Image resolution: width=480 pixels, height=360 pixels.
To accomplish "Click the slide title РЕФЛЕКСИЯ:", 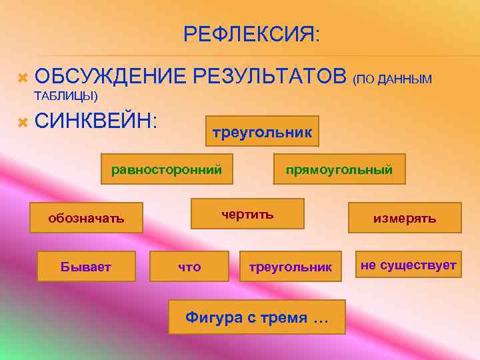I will [x=251, y=34].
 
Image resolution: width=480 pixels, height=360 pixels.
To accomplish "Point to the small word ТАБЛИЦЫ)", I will [x=65, y=96].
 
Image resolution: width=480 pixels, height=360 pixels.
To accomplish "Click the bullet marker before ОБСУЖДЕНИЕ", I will [x=21, y=78].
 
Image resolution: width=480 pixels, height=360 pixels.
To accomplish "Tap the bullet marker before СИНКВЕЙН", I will [x=21, y=122].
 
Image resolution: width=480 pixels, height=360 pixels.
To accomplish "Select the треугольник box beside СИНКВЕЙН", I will [x=261, y=132].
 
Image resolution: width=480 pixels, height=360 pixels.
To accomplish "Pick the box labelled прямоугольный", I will [x=339, y=170].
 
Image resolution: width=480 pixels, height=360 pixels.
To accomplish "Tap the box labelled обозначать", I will [x=85, y=218].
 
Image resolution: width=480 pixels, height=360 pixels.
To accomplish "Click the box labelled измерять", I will [x=404, y=218].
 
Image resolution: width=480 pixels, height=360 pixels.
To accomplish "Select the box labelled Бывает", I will [x=86, y=267].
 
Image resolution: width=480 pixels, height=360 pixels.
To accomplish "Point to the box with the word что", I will [x=189, y=267].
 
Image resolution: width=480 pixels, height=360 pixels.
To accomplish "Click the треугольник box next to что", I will [x=290, y=267].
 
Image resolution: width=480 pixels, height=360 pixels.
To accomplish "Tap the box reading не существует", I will [x=408, y=265].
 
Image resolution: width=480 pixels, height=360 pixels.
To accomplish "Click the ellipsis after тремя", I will [x=320, y=318].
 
